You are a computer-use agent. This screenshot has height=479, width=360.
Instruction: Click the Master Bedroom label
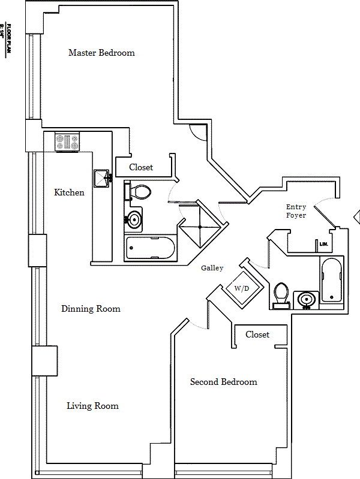coord(101,53)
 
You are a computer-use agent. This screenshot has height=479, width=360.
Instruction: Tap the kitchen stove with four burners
coord(67,143)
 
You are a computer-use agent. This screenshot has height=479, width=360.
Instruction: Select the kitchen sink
coord(100,179)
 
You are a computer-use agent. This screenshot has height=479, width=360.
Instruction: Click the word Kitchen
coord(69,192)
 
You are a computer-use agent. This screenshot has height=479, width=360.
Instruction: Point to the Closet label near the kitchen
coord(141,167)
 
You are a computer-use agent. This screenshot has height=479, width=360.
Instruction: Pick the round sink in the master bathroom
coord(134,219)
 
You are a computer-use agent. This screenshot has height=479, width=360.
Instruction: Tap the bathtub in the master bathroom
coord(150,247)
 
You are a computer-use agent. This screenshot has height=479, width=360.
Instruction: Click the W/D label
coord(241,288)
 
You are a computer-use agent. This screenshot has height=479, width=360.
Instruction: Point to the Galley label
coord(212,268)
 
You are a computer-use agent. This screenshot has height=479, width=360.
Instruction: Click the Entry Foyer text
coord(296,211)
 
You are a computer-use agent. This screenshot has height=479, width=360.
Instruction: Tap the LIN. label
coord(324,244)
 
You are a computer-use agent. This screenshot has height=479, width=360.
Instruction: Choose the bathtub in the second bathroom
coord(331,280)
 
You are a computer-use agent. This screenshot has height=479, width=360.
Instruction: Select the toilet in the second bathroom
coord(281,296)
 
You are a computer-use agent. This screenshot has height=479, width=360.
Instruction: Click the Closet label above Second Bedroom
coord(257,335)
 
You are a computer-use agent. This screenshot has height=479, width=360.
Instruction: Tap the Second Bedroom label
coord(223,382)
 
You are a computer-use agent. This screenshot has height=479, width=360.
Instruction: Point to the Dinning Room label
coord(91,309)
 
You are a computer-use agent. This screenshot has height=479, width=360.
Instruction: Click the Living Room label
coord(92,406)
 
